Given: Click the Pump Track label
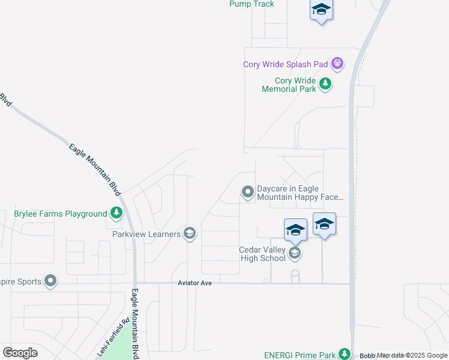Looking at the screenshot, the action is point(252,4).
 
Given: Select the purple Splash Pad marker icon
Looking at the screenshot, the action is point(338,62).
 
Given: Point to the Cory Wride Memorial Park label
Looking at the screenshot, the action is point(288,85).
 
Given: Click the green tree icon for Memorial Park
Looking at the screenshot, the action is point(325,83).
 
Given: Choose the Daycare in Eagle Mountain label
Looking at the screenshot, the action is point(300,193).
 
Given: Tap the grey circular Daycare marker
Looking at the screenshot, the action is point(247,192).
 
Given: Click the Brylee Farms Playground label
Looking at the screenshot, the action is point(60,214).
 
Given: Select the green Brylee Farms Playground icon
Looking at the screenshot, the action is point(116,213).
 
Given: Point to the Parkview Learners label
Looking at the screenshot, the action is point(147,234).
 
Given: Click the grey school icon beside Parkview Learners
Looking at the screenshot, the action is point(190,233).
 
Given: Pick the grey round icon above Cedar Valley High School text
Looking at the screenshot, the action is point(294,253).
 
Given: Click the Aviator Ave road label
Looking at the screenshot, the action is point(195,283).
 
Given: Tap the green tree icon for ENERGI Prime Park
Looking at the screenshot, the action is point(344,354).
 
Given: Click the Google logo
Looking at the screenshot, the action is point(20,352).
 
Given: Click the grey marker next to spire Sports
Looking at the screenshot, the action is point(50,281).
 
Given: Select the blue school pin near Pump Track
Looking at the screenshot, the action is point(321,10).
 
